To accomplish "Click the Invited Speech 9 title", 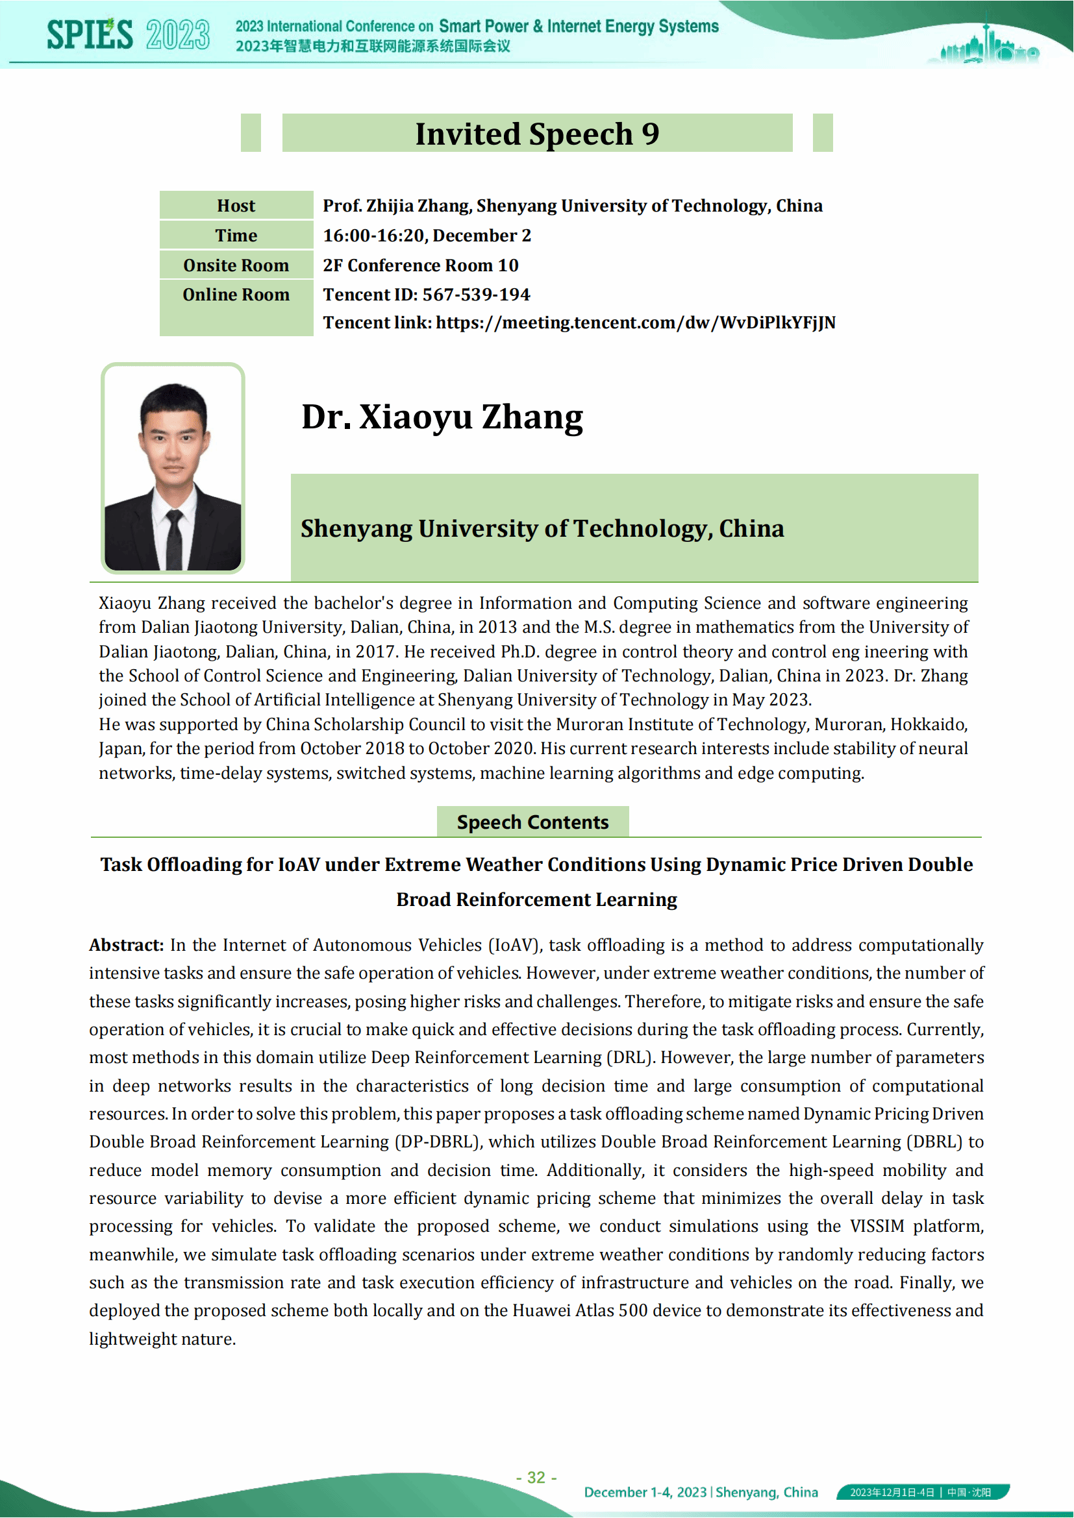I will click(537, 134).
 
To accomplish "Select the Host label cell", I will click(236, 206).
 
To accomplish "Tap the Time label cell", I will click(236, 236).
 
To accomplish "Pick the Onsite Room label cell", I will click(236, 265).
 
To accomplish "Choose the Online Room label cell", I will click(236, 295).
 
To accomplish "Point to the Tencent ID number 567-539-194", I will click(476, 295).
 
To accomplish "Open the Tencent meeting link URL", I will click(636, 323).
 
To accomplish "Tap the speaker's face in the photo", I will click(173, 439).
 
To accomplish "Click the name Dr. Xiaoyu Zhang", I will click(442, 417).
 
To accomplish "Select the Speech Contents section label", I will click(532, 822).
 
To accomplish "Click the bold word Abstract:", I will click(127, 945).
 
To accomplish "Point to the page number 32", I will click(536, 1477).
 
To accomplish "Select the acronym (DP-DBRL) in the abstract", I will click(437, 1142).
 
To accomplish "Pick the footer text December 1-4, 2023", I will click(645, 1492).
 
